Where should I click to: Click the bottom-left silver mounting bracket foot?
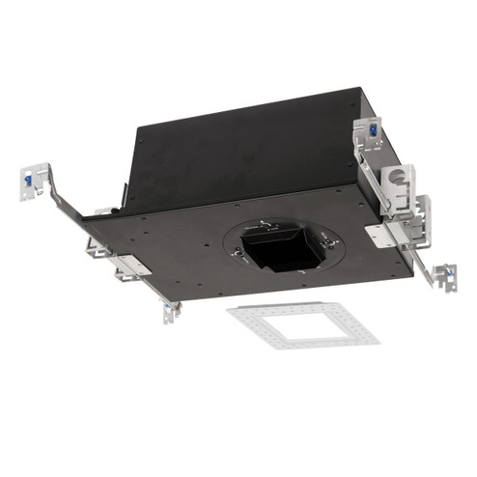170,311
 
